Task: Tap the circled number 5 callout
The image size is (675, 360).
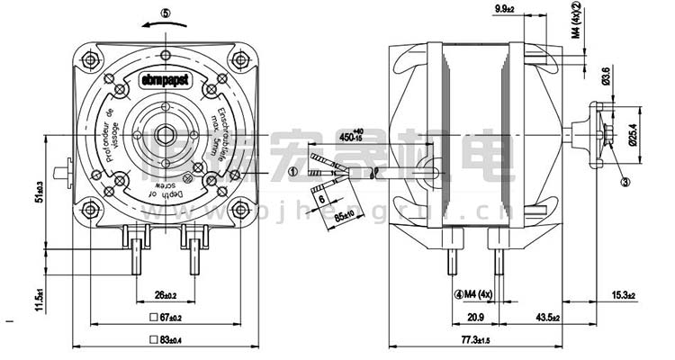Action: (165, 14)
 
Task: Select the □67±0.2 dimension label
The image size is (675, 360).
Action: (164, 319)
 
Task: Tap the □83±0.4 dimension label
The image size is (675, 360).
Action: (164, 341)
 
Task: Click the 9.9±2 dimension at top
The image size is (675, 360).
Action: (530, 9)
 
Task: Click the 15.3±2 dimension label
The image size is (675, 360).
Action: (623, 295)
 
